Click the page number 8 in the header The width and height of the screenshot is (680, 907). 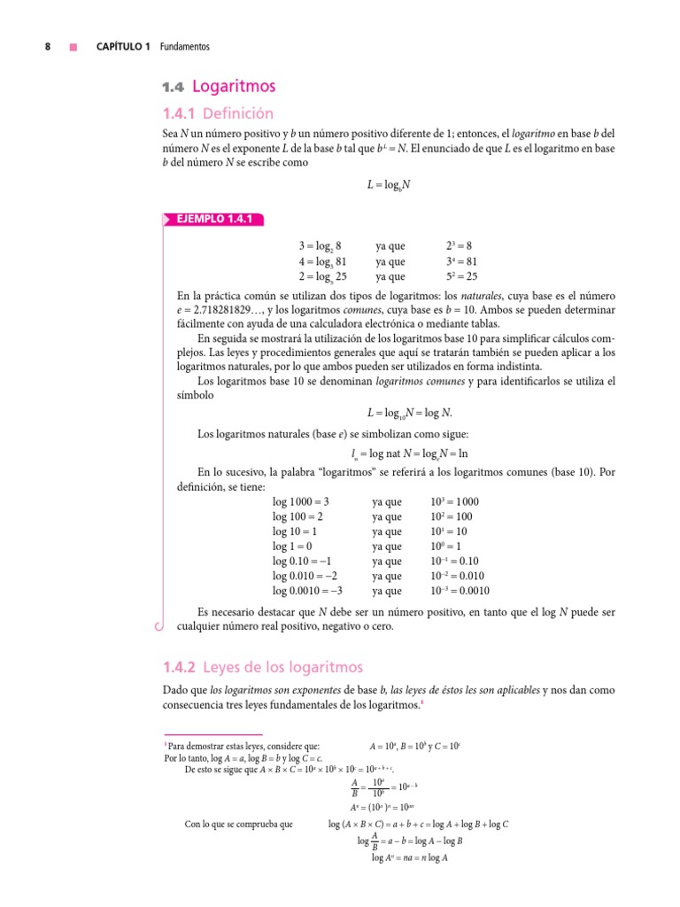48,47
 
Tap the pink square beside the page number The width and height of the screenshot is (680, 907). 74,47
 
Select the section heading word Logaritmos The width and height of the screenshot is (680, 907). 234,86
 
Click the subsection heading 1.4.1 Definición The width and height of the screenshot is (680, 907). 217,113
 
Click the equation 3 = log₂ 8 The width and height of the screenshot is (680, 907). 320,246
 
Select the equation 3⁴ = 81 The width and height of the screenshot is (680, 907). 462,261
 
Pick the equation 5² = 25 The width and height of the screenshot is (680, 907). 462,276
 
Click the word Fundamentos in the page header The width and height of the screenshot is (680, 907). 185,47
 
